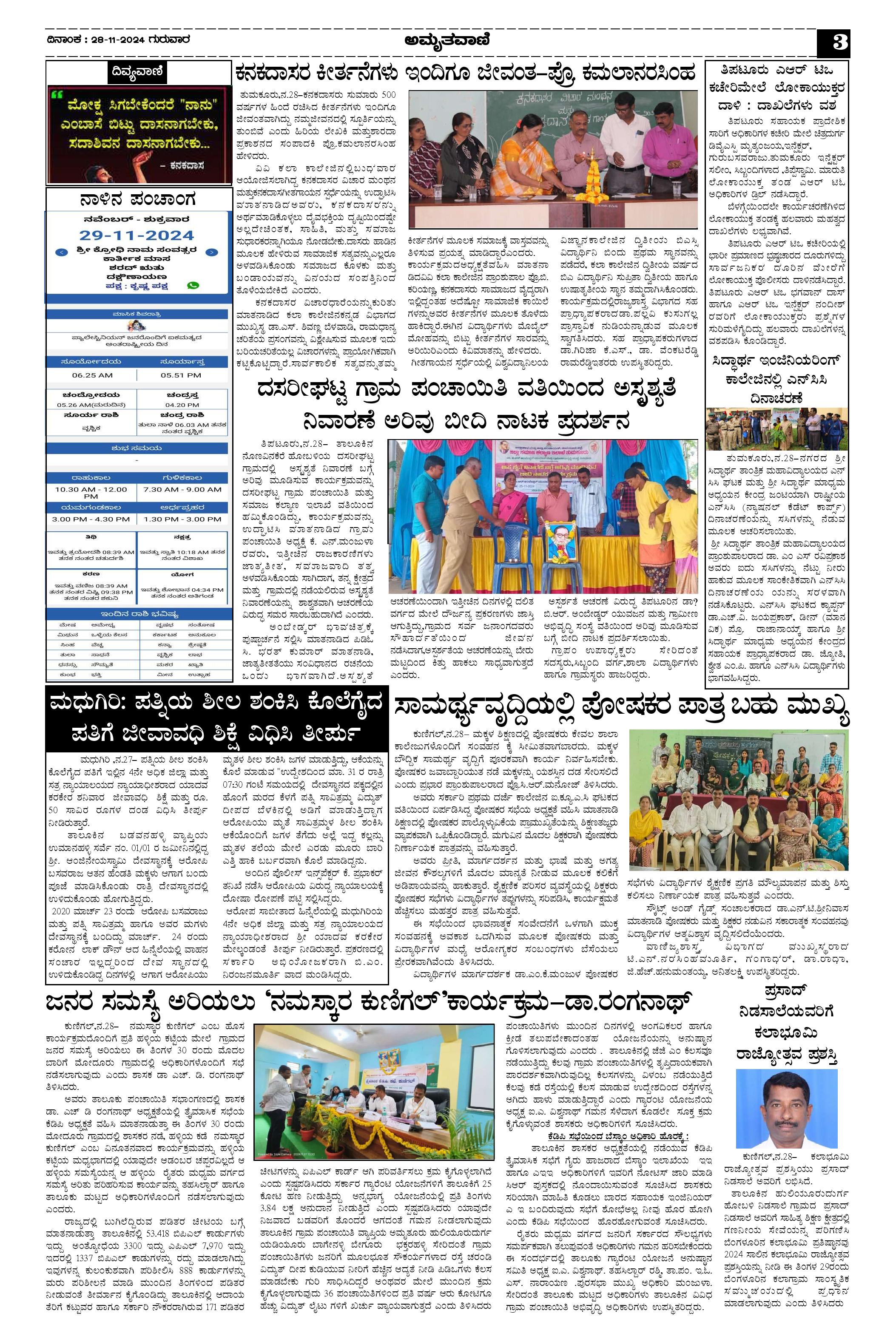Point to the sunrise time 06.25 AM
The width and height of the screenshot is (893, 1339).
coord(92,375)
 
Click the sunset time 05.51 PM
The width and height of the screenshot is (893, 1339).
coord(181,375)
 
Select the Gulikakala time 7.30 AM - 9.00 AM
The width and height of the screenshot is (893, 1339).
coord(182,490)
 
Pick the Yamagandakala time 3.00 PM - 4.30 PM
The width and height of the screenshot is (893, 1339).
coord(91,519)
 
